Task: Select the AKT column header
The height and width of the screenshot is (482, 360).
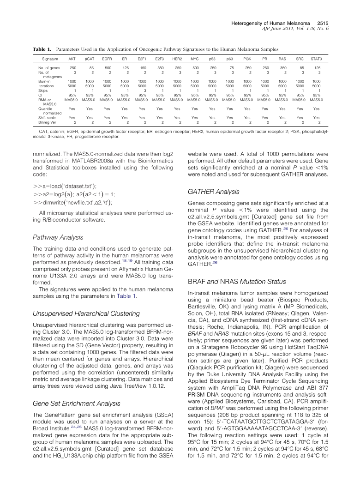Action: coord(72,59)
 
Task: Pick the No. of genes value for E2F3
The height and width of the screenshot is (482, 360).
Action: coord(159,68)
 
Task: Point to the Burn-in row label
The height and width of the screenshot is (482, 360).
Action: coord(45,81)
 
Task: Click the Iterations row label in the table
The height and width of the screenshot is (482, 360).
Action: coord(47,85)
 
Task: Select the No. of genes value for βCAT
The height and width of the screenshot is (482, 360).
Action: coord(89,68)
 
